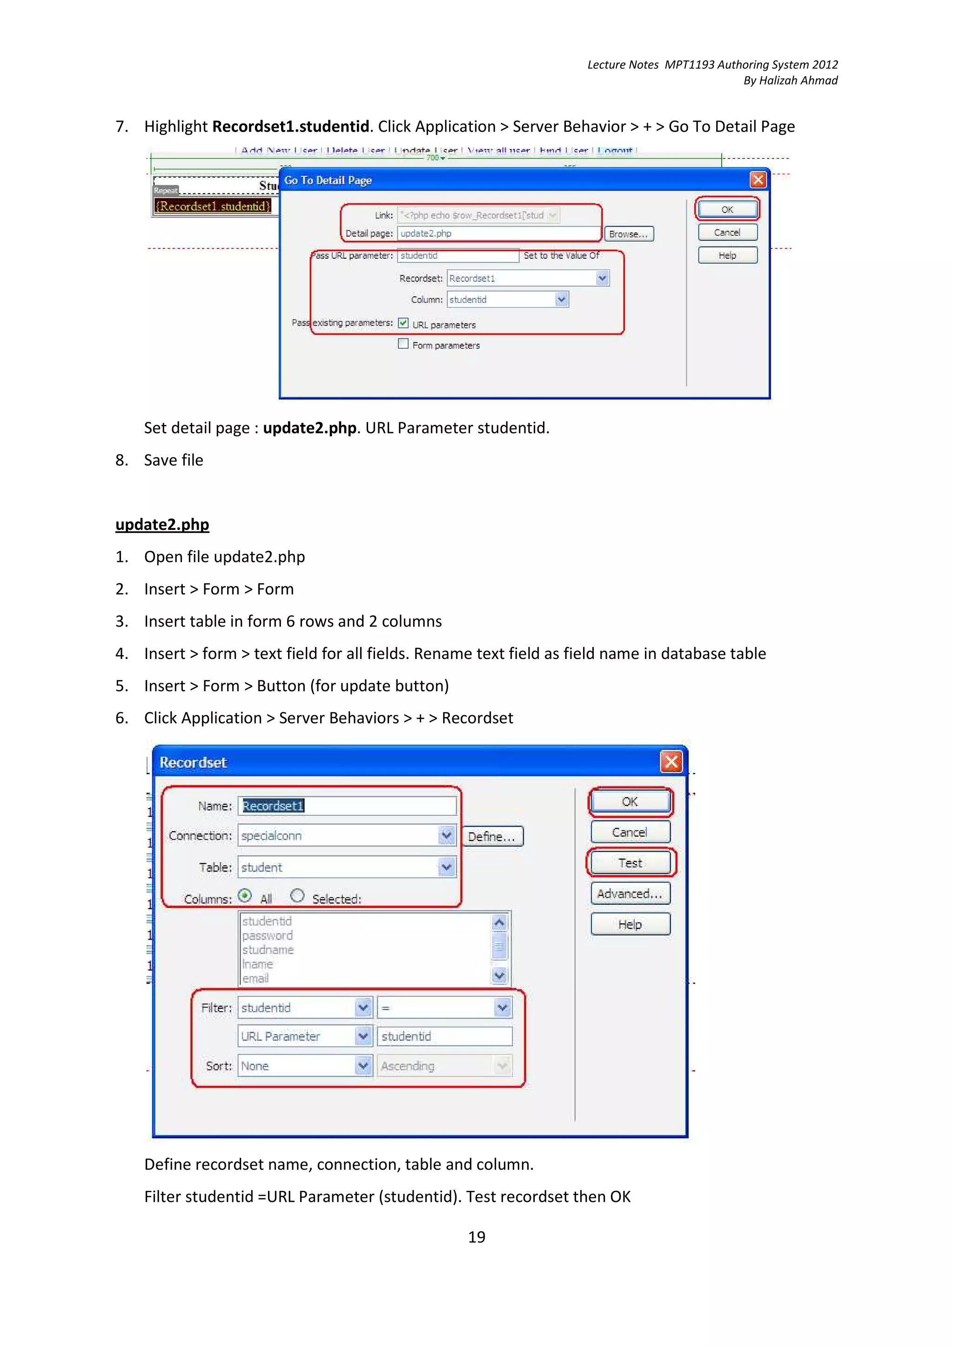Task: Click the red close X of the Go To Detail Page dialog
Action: tap(758, 180)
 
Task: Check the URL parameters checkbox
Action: tap(403, 323)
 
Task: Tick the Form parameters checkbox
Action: tap(403, 344)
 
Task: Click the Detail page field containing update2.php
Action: tap(498, 234)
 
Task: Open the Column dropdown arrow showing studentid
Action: tap(561, 300)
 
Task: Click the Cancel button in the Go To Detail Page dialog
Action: tap(727, 233)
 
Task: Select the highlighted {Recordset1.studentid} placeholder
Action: tap(213, 206)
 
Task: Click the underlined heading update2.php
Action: tap(162, 524)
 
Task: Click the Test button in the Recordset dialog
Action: tap(630, 862)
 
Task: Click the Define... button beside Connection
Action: tap(491, 836)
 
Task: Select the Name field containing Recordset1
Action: tap(346, 806)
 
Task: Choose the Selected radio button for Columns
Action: tap(298, 896)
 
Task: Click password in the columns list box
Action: tap(267, 935)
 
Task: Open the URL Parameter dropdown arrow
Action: tap(363, 1036)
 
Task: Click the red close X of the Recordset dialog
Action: tap(671, 762)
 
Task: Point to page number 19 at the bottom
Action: tap(476, 1237)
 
